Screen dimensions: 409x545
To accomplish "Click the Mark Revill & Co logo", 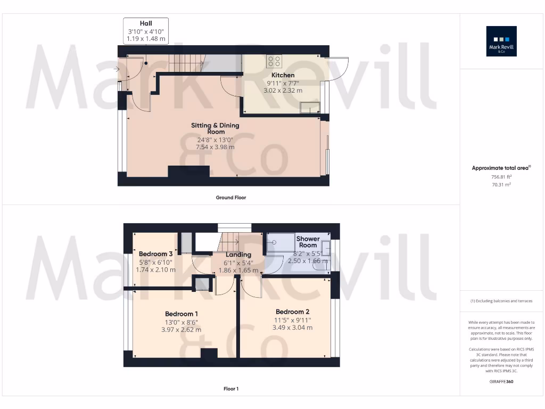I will (x=501, y=42).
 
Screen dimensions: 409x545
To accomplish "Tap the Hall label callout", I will (x=146, y=31).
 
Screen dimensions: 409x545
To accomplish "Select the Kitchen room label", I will (x=283, y=75).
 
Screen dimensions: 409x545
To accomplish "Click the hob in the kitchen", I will (x=275, y=61).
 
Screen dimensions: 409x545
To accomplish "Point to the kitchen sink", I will (x=308, y=109).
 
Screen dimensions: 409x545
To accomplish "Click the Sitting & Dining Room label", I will (x=216, y=128).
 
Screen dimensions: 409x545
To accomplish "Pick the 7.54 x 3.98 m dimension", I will (x=216, y=147).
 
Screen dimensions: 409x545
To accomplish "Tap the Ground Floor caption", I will (x=231, y=198).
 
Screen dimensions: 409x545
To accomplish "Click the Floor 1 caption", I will (x=231, y=389).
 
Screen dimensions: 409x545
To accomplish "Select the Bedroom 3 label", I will (x=155, y=254).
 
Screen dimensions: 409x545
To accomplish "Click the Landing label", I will (x=238, y=255).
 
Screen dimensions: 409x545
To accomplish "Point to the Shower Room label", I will (x=308, y=242).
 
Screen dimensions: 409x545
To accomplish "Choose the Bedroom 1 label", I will (x=181, y=314).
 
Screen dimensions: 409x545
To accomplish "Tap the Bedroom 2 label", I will (x=292, y=312).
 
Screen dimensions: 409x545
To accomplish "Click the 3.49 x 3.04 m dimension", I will (x=292, y=328).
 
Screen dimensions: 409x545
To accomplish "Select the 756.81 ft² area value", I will (x=501, y=176).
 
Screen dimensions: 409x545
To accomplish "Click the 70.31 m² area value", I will (x=501, y=184).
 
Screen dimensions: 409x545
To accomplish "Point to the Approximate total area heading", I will (x=501, y=168).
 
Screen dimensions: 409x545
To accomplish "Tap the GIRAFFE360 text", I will (x=501, y=381).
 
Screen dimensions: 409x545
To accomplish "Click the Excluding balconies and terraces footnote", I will (x=501, y=301).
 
